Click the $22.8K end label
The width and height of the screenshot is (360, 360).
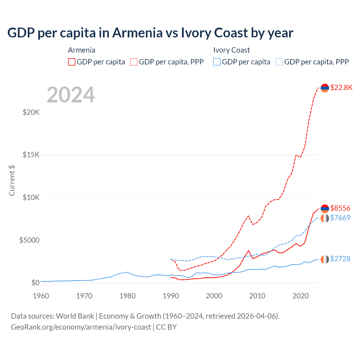pyautogui.click(x=341, y=87)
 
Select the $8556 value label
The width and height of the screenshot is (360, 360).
pyautogui.click(x=340, y=208)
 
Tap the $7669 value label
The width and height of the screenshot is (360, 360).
pyautogui.click(x=340, y=218)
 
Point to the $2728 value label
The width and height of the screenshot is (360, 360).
pyautogui.click(x=340, y=259)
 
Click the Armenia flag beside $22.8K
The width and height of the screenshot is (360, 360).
pyautogui.click(x=325, y=88)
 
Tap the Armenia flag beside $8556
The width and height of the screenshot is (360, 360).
pyautogui.click(x=325, y=208)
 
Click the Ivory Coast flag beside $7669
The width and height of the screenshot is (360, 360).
pyautogui.click(x=325, y=218)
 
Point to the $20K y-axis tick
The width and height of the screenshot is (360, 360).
pyautogui.click(x=31, y=112)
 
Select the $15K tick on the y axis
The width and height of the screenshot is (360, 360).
pyautogui.click(x=31, y=155)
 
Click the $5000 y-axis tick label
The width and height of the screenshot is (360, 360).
pyautogui.click(x=29, y=240)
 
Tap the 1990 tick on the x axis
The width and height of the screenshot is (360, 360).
pyautogui.click(x=171, y=296)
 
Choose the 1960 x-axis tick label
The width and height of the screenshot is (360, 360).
pyautogui.click(x=41, y=296)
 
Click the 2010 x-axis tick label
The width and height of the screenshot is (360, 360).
pyautogui.click(x=257, y=296)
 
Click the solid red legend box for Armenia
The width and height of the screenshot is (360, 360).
pyautogui.click(x=72, y=62)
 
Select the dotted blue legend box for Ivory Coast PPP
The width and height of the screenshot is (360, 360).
pyautogui.click(x=279, y=62)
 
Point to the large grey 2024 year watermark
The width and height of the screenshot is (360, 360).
pyautogui.click(x=71, y=95)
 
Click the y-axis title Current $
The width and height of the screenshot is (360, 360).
pyautogui.click(x=12, y=181)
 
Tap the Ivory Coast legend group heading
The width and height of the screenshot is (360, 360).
pyautogui.click(x=231, y=50)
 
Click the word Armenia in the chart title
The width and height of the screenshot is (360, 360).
pyautogui.click(x=138, y=33)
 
